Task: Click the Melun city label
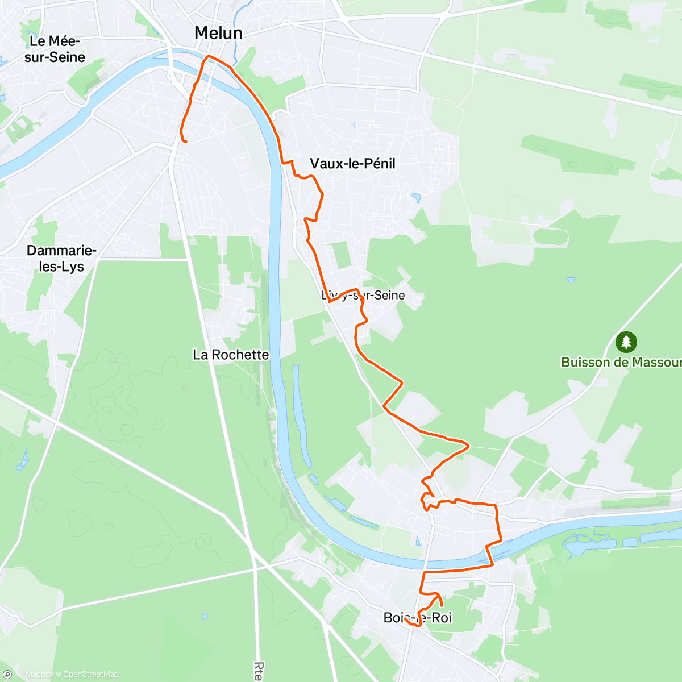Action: tap(218, 33)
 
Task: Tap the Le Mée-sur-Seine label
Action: tap(55, 49)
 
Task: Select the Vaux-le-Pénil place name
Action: tap(352, 164)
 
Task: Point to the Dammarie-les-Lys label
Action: tap(61, 259)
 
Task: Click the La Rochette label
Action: tap(231, 355)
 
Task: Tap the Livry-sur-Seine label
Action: tap(364, 295)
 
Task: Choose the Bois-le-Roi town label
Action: tap(418, 618)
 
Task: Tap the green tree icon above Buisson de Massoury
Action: tap(626, 342)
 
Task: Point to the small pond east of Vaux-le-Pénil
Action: tap(417, 198)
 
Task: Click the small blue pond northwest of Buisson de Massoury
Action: tap(571, 280)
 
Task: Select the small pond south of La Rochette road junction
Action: tap(205, 616)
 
